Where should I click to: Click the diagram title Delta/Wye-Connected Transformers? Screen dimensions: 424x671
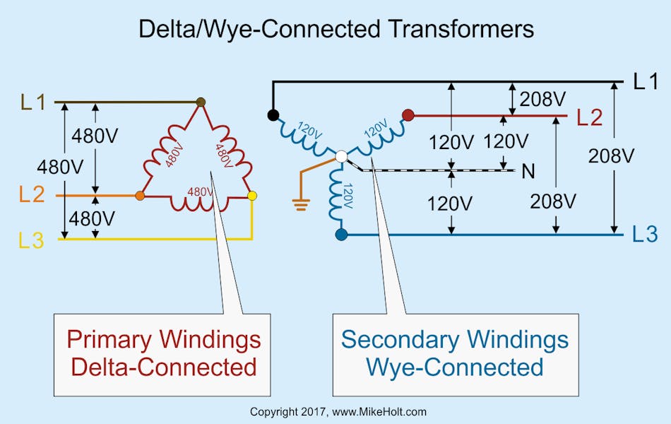point(335,28)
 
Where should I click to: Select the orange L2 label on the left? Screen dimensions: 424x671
point(32,194)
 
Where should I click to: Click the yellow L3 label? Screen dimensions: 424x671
point(32,240)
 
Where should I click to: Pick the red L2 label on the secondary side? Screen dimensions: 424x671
point(589,117)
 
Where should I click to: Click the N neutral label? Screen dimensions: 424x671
point(528,171)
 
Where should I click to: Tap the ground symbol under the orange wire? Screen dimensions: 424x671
point(302,205)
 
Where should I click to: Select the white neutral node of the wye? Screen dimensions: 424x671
point(341,155)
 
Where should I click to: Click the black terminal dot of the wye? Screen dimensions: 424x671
point(272,114)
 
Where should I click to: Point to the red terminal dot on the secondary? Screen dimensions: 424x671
point(408,114)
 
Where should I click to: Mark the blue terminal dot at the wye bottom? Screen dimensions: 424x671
point(341,234)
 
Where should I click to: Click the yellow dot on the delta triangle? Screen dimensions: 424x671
point(252,195)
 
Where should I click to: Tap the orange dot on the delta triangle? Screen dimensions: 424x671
point(140,195)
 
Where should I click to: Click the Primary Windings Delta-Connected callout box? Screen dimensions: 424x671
point(163,355)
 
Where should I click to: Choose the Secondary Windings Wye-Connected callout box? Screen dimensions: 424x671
point(455,355)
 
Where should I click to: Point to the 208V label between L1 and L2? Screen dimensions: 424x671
point(540,99)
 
